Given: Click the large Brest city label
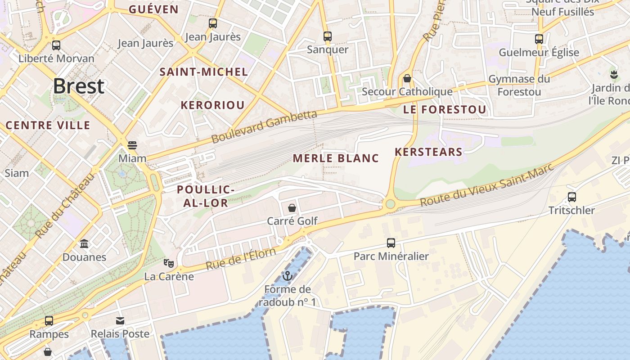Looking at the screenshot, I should (x=79, y=86).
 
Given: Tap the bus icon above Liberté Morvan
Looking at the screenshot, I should (x=56, y=45).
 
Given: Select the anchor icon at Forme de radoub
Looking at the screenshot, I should (x=287, y=275).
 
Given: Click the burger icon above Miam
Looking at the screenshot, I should (x=132, y=145).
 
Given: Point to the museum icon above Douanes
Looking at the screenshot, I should (x=84, y=243).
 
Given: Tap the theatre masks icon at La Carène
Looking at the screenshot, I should (x=169, y=263).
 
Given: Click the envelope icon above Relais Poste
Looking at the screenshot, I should (x=120, y=320).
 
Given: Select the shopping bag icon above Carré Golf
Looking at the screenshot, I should (x=292, y=207).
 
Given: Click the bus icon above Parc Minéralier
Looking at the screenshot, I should (x=391, y=243).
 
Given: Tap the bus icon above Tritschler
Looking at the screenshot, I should (x=571, y=197).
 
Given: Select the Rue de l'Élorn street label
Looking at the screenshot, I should (x=240, y=259).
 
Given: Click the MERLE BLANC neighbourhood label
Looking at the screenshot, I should (x=336, y=158).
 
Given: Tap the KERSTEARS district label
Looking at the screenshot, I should (x=428, y=152).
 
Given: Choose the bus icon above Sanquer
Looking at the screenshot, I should (x=328, y=36).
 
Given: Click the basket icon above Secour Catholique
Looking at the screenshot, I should (x=407, y=78).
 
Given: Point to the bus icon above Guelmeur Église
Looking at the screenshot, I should (x=539, y=39).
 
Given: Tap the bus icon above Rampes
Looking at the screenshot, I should (x=49, y=320).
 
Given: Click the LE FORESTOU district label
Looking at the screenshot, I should (x=445, y=110).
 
